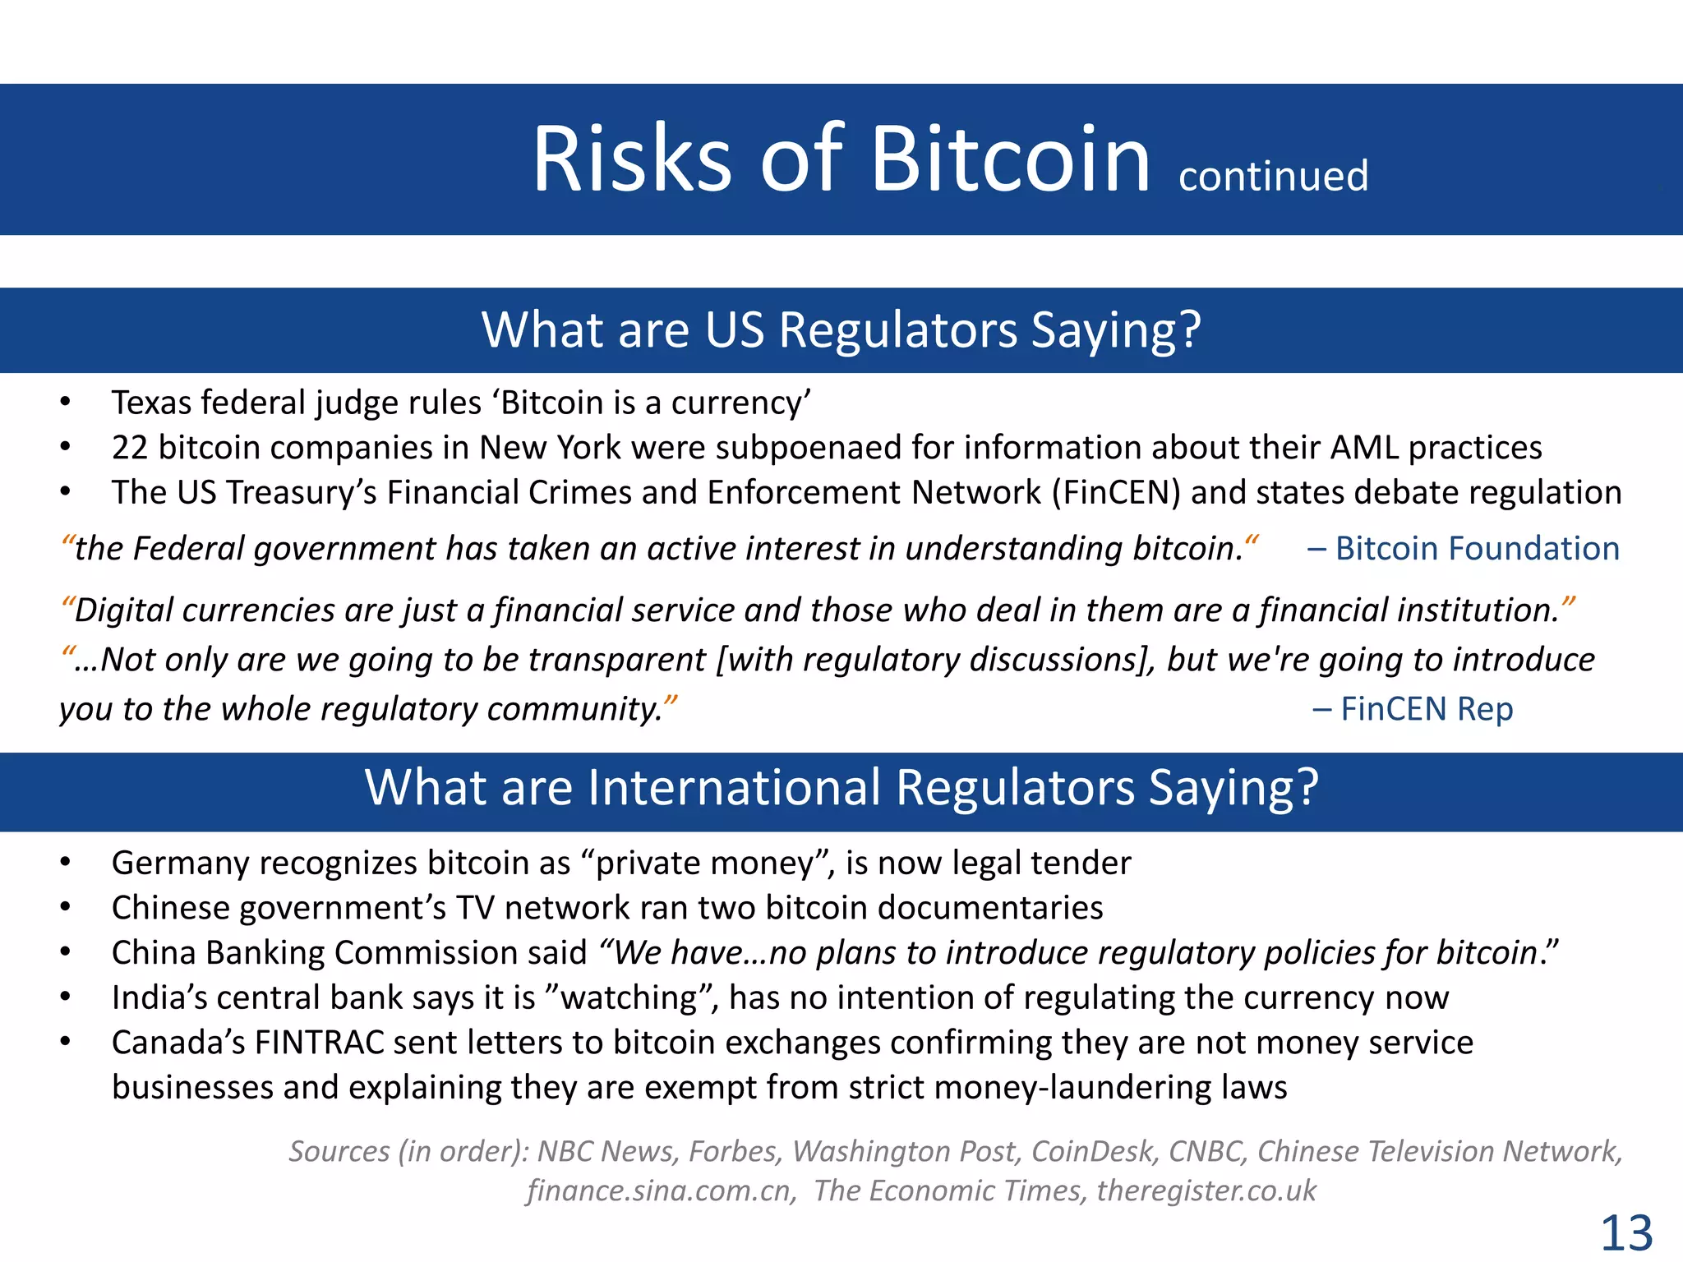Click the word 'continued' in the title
point(1273,176)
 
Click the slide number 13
point(1626,1232)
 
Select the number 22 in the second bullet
point(129,448)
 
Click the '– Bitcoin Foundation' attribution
point(1463,548)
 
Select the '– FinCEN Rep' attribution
point(1413,708)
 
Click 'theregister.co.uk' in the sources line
point(1206,1191)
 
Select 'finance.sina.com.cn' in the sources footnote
point(662,1191)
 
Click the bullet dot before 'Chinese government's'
point(65,908)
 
